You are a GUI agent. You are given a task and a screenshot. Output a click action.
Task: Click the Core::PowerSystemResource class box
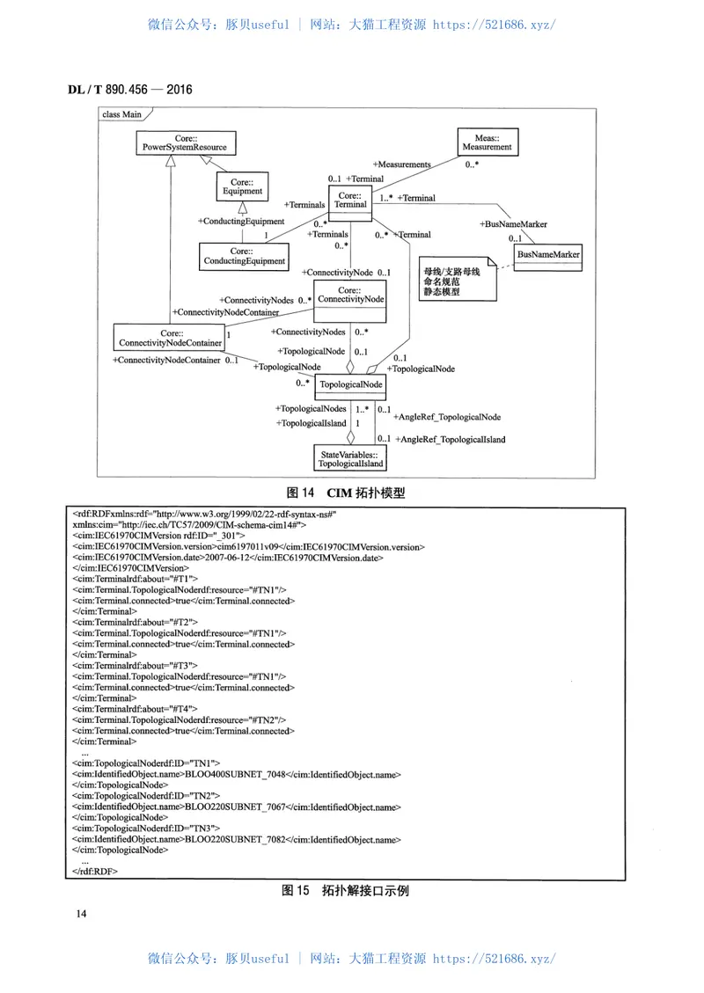(x=185, y=143)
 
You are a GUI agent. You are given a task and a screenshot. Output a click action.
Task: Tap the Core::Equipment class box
(x=242, y=186)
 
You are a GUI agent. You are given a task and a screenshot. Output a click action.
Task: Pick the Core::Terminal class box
(x=350, y=200)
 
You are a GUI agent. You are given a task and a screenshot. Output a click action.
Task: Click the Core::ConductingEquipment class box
(x=245, y=256)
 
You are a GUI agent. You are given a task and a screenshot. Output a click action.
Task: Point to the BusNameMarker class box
(x=548, y=255)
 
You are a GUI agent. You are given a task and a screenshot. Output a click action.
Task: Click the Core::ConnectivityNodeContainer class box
(x=170, y=339)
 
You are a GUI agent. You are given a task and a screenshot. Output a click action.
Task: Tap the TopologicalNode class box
(x=350, y=384)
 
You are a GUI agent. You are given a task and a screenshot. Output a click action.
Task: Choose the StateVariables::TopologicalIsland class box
(x=350, y=457)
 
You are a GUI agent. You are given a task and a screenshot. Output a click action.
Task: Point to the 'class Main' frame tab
(x=123, y=114)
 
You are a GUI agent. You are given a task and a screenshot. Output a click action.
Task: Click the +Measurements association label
(x=401, y=164)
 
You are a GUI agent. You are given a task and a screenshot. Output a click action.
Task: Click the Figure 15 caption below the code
(x=345, y=890)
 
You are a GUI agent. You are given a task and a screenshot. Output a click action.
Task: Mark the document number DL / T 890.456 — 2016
(x=130, y=90)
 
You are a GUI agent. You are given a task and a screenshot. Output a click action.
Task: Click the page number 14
(x=82, y=915)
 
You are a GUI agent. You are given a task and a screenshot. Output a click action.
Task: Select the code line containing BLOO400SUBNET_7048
(x=237, y=774)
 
